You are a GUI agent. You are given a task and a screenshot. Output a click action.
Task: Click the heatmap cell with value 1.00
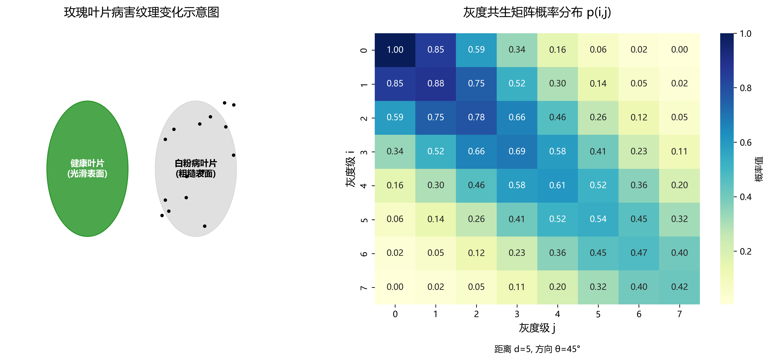tap(395, 50)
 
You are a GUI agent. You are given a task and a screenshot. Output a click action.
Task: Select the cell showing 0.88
tap(435, 84)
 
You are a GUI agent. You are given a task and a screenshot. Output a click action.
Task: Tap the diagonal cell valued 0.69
tap(517, 152)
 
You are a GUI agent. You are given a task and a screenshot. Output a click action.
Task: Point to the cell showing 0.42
tap(679, 287)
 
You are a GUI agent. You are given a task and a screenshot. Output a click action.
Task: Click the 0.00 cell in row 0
tap(679, 50)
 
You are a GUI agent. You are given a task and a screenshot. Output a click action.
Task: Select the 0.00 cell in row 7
tap(395, 287)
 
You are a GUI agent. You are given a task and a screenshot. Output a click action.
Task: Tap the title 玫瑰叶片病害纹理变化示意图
tap(142, 13)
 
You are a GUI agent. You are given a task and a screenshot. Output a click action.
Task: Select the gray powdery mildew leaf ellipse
tap(196, 144)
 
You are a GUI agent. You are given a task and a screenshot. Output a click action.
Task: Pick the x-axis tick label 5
tap(598, 314)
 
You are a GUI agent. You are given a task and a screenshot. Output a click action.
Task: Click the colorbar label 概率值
tap(759, 169)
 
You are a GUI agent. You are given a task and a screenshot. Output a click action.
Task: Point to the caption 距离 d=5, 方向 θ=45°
tap(537, 349)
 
